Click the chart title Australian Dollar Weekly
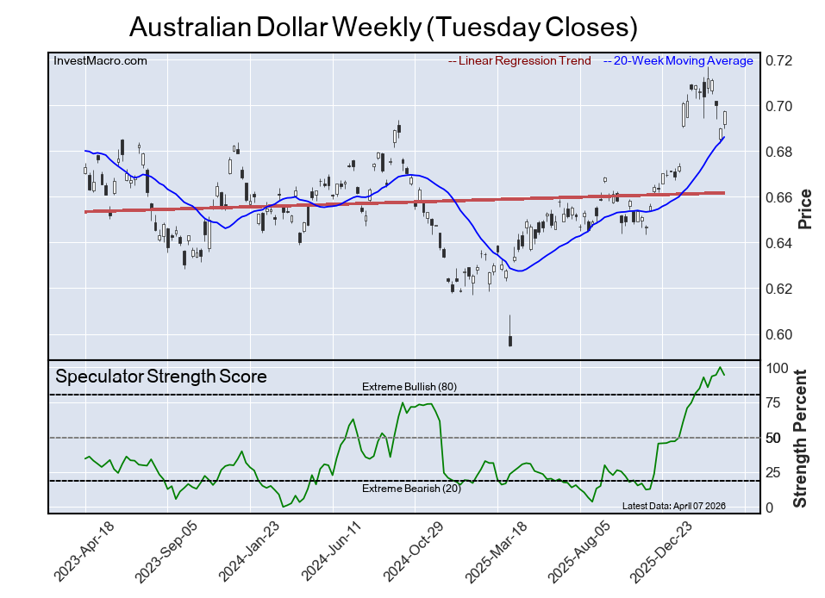pyautogui.click(x=383, y=27)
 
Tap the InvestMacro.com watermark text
pyautogui.click(x=100, y=60)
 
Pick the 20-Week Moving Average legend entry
pyautogui.click(x=682, y=60)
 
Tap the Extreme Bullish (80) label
pyautogui.click(x=409, y=386)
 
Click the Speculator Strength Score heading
pyautogui.click(x=161, y=377)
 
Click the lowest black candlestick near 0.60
pyautogui.click(x=510, y=339)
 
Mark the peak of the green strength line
pyautogui.click(x=720, y=368)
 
